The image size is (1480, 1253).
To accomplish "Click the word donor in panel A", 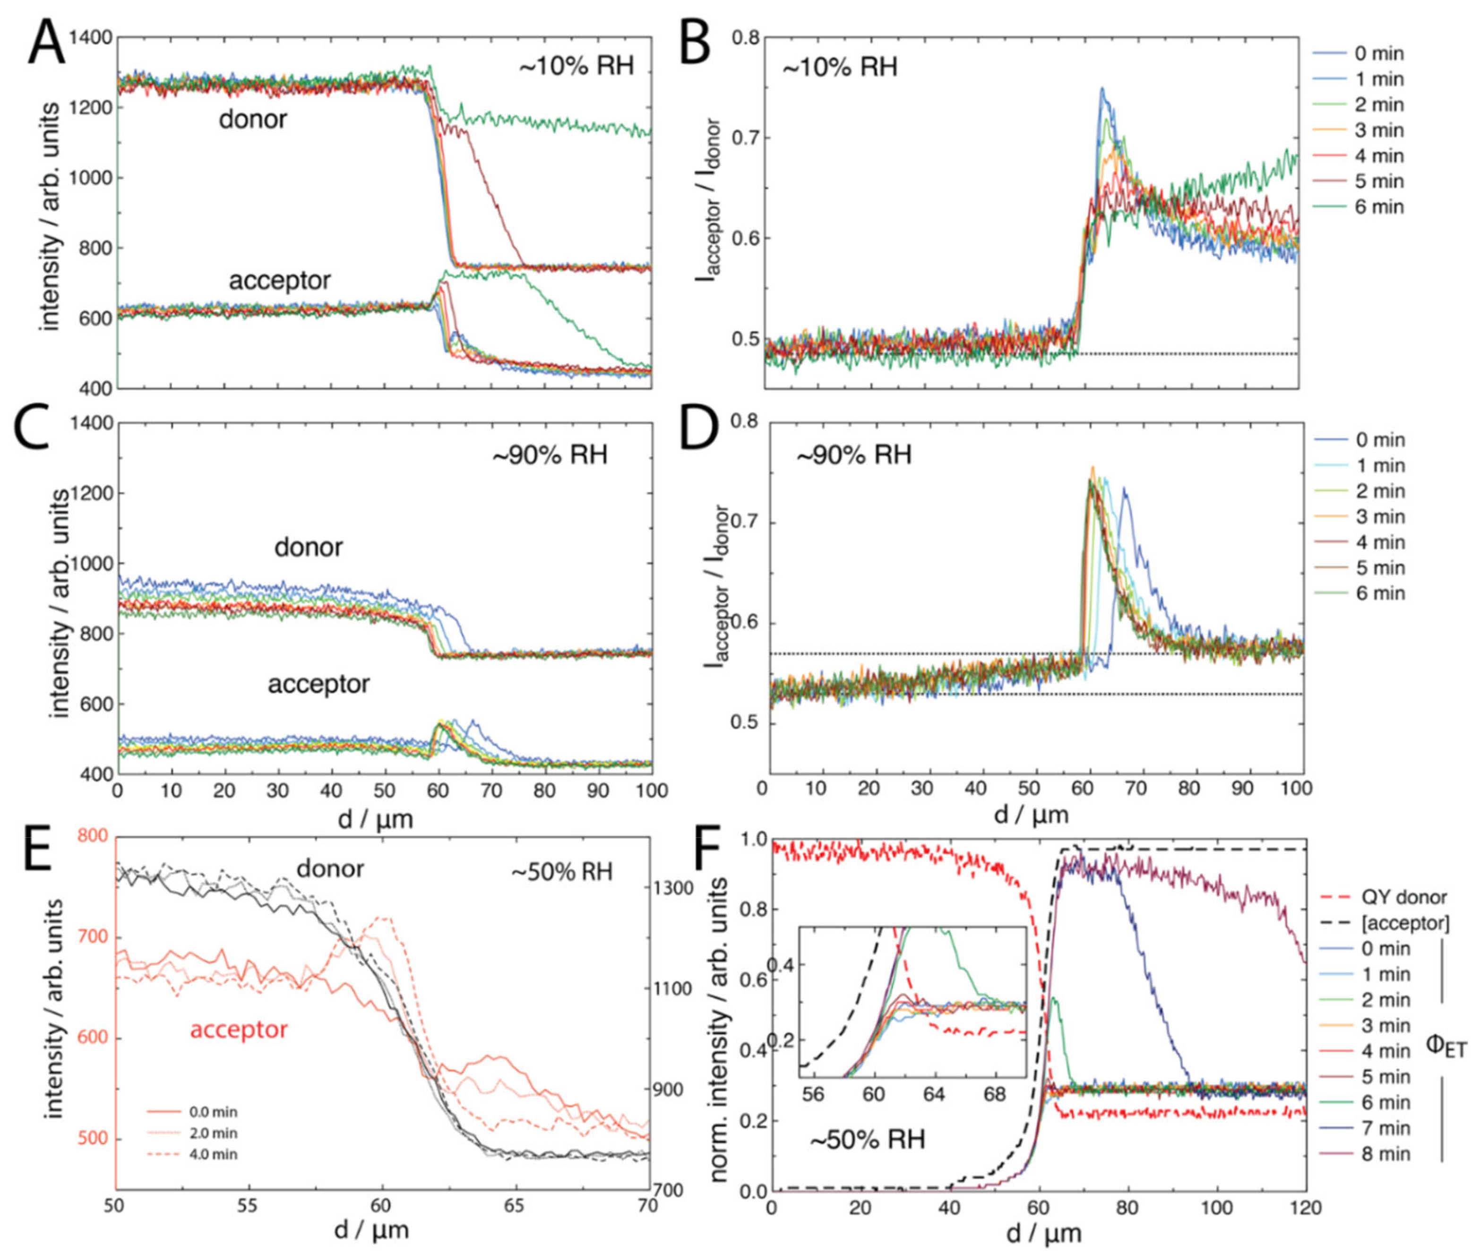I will pyautogui.click(x=252, y=119).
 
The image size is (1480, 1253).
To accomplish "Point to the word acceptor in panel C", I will pyautogui.click(x=318, y=684).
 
